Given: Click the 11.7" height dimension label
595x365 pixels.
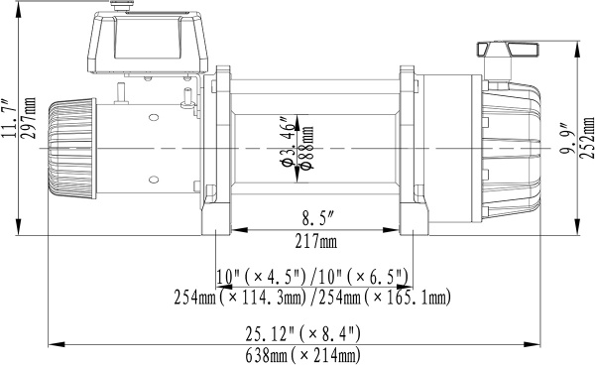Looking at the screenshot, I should click(x=9, y=120).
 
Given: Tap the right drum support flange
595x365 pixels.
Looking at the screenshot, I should click(x=407, y=149).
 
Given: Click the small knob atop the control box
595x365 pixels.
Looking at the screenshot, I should click(x=123, y=7).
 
